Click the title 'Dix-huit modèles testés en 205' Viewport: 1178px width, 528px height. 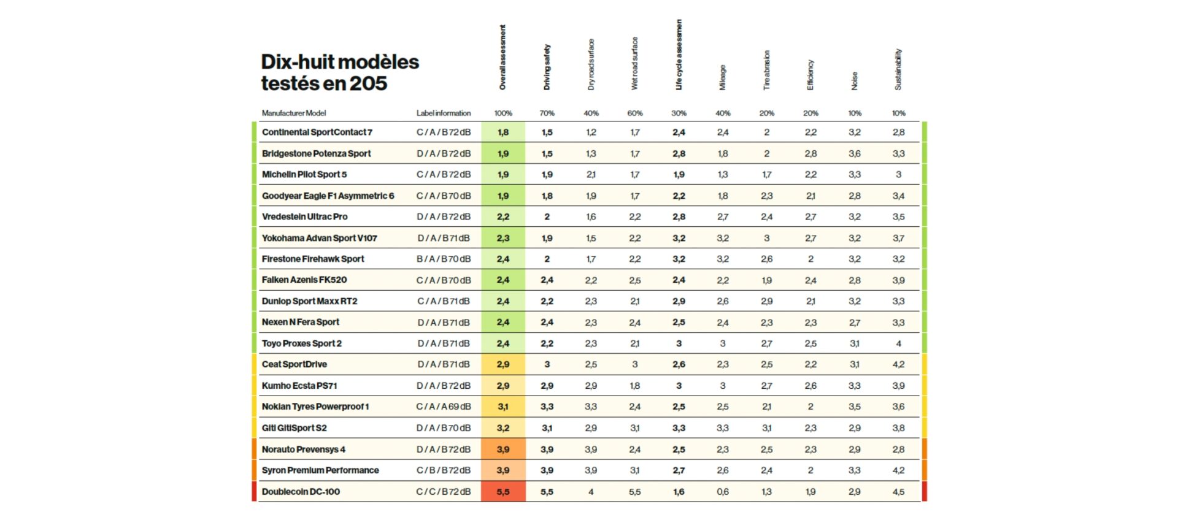coord(339,72)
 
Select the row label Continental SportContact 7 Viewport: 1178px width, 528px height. coord(317,132)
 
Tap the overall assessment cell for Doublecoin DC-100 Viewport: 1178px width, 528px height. coord(503,492)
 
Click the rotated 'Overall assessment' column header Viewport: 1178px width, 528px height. coord(502,58)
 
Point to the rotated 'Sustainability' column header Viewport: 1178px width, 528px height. coord(898,69)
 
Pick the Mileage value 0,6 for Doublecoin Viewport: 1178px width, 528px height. coord(723,492)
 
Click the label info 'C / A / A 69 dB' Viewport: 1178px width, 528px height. coord(444,407)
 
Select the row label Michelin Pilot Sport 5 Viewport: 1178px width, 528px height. coord(304,175)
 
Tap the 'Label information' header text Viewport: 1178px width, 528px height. coord(444,113)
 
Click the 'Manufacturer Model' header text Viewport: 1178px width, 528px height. coord(293,113)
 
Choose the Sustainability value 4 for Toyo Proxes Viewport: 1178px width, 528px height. coord(898,343)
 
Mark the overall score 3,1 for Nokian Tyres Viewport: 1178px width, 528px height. coord(503,407)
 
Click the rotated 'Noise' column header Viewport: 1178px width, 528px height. coord(855,81)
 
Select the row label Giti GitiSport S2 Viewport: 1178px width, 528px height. coord(294,428)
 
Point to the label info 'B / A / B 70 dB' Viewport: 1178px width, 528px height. coord(444,259)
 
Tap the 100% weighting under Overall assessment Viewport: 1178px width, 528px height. coord(503,113)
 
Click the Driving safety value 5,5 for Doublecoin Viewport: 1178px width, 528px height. coord(547,492)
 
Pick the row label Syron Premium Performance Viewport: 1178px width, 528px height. coord(320,470)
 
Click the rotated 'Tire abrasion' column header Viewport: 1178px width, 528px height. coord(766,71)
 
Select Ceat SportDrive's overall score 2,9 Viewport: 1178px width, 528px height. coord(503,364)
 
